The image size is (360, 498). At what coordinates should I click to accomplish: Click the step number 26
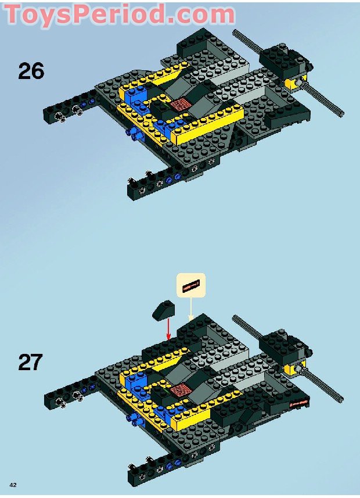[x=31, y=71]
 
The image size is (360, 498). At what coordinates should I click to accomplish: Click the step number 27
[x=31, y=362]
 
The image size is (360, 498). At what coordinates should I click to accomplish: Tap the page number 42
[x=12, y=485]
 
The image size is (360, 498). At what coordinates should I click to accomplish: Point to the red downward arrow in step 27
[x=168, y=329]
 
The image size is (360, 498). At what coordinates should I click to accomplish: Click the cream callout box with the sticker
[x=191, y=286]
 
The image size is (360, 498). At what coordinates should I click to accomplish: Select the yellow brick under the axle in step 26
[x=296, y=82]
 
